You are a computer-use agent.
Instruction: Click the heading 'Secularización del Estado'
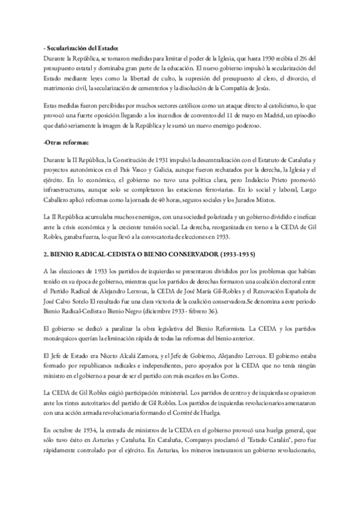point(82,48)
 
